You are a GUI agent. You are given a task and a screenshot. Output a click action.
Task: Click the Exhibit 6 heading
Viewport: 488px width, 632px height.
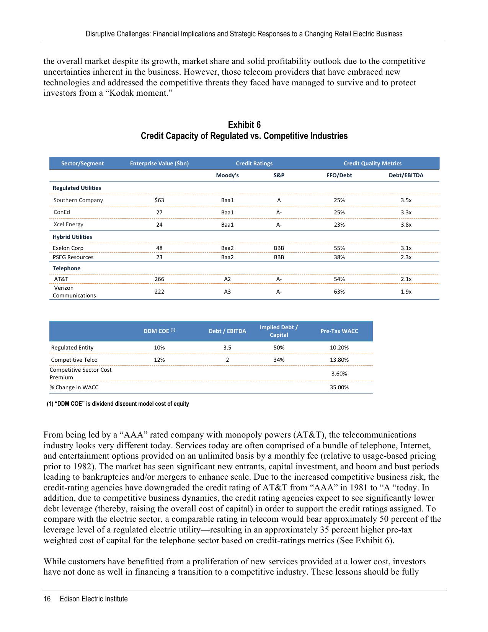tap(244, 125)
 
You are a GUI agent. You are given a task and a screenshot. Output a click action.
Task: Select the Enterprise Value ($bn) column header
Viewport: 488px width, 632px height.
tap(159, 163)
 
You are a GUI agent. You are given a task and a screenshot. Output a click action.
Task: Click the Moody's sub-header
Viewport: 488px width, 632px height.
tap(227, 176)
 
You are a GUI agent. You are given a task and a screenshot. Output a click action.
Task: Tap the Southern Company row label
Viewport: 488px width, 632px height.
tap(78, 200)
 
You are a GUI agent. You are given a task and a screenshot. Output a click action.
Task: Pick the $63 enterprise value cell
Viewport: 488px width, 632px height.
tap(159, 200)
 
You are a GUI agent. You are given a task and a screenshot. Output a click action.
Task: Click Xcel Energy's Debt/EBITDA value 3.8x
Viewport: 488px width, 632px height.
tap(406, 225)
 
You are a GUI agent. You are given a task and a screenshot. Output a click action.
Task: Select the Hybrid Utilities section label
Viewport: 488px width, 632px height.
tap(72, 237)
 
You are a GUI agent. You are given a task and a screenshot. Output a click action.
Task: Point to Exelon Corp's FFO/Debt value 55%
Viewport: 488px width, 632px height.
tap(339, 248)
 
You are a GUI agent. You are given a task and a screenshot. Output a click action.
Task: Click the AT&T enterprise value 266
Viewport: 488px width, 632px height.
tap(159, 279)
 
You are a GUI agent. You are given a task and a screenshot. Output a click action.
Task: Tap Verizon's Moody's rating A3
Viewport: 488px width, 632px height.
tap(227, 292)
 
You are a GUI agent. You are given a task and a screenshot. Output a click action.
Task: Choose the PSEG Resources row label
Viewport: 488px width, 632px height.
tap(73, 257)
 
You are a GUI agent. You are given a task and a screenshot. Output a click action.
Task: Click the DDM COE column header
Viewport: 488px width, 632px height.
tap(159, 331)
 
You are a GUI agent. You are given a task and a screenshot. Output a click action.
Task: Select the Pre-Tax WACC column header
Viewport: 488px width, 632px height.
tap(339, 331)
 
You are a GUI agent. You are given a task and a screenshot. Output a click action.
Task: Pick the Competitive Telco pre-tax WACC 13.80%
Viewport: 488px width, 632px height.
tap(339, 360)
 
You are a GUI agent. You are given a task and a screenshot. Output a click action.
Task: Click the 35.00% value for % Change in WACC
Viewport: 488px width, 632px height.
tap(339, 387)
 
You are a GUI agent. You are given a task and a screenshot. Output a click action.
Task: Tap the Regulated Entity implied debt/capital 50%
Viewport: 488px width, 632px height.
tap(279, 348)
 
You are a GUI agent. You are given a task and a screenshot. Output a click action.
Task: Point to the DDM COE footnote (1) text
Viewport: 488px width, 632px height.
tap(118, 404)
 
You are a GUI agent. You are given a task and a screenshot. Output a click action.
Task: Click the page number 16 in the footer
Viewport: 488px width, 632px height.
tap(47, 599)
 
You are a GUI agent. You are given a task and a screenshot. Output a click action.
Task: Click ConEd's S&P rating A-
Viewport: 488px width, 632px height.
tap(279, 212)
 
